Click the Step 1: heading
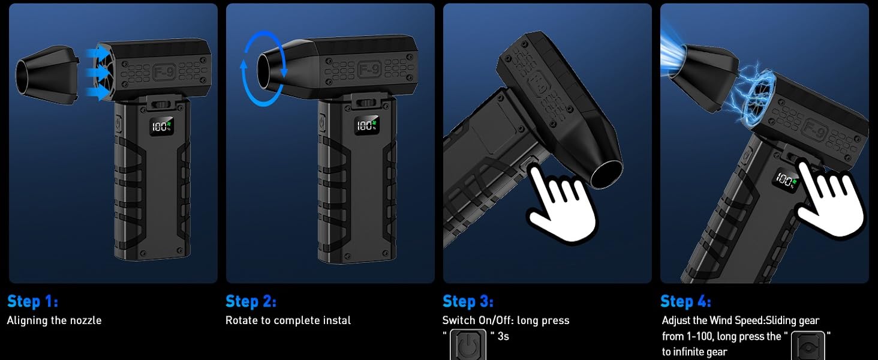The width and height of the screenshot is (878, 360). click(33, 302)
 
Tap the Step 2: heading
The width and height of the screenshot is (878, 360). click(251, 302)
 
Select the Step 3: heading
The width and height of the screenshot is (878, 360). click(468, 302)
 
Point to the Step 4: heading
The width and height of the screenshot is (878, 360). click(685, 302)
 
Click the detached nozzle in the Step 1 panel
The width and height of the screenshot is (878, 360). click(47, 75)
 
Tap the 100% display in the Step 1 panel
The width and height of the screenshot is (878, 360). click(161, 126)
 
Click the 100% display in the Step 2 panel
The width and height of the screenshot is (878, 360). click(366, 125)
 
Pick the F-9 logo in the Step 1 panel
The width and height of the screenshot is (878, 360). click(164, 72)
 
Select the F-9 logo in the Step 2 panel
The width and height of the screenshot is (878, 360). click(369, 70)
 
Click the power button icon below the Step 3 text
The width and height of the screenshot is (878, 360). click(468, 345)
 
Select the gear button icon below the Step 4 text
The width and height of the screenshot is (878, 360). click(808, 346)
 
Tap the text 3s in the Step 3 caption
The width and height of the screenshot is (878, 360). click(503, 337)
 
